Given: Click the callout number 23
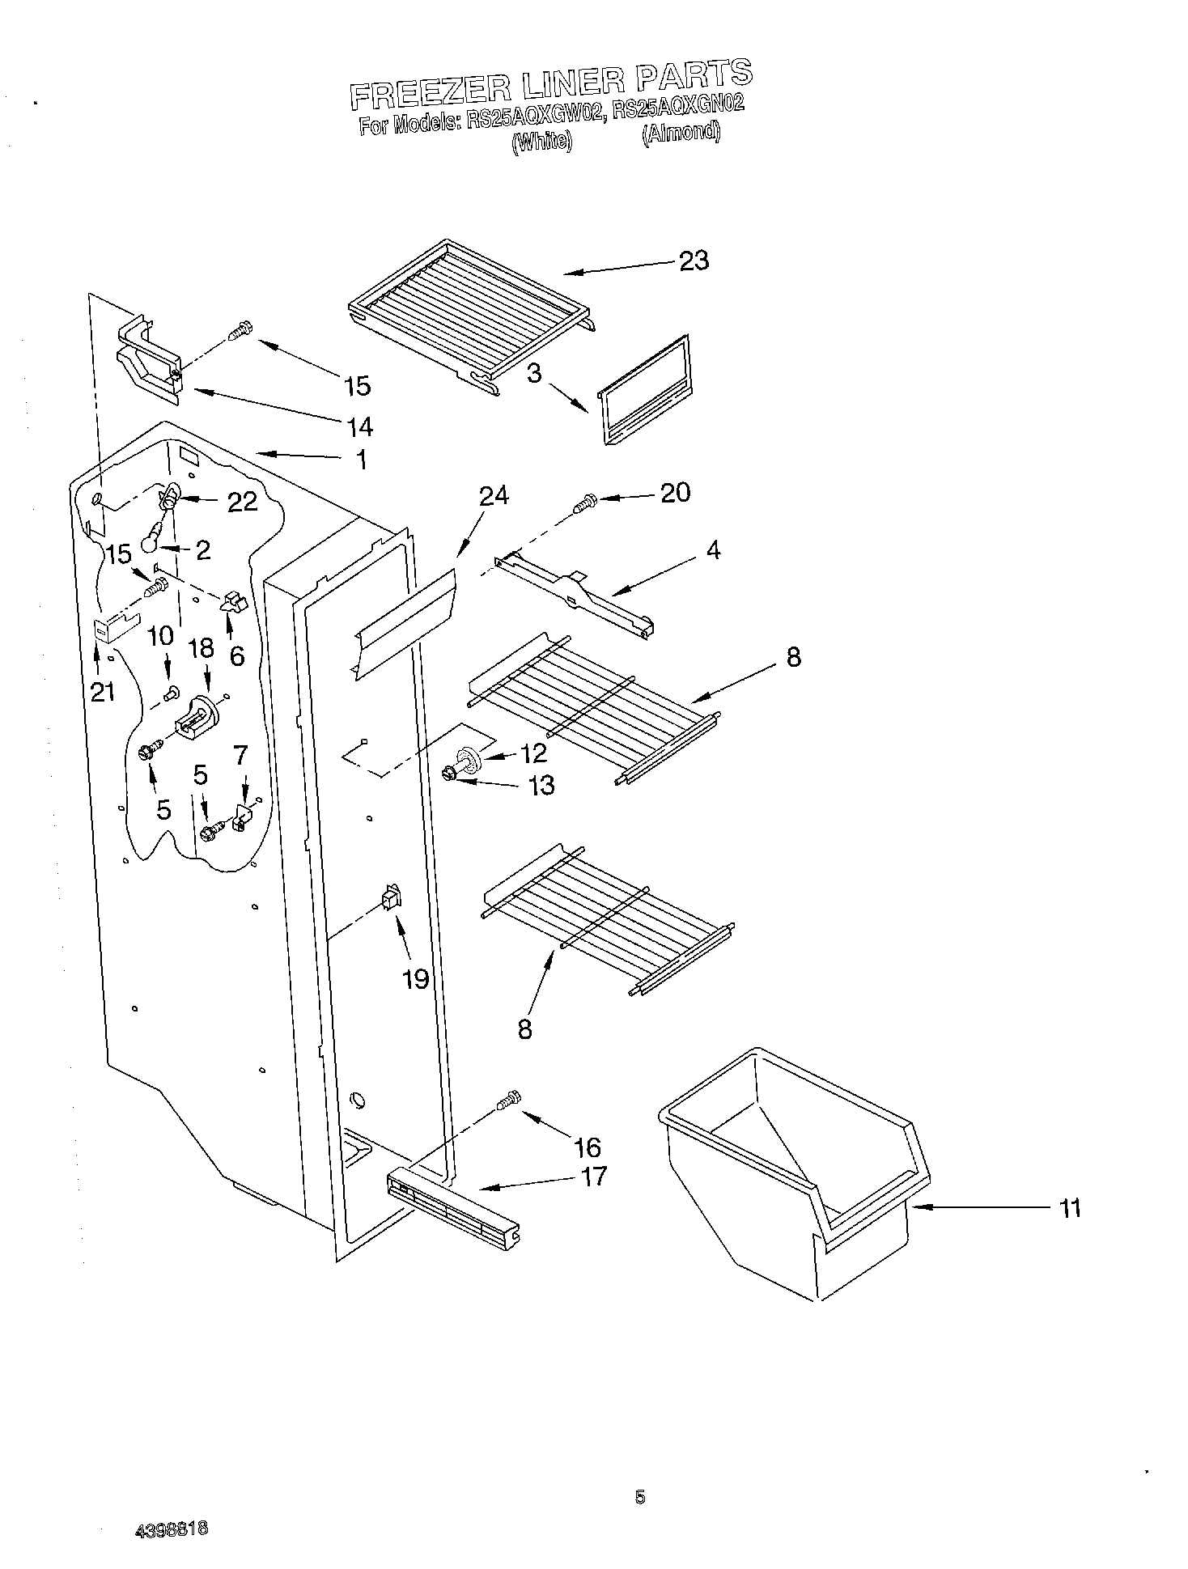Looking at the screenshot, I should pos(694,261).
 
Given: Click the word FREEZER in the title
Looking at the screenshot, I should pos(430,91).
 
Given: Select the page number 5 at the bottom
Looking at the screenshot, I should pos(640,1498).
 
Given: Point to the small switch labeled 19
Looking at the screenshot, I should pos(390,898).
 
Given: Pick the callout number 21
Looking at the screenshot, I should pos(103,691).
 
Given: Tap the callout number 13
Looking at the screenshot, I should pos(541,784).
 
